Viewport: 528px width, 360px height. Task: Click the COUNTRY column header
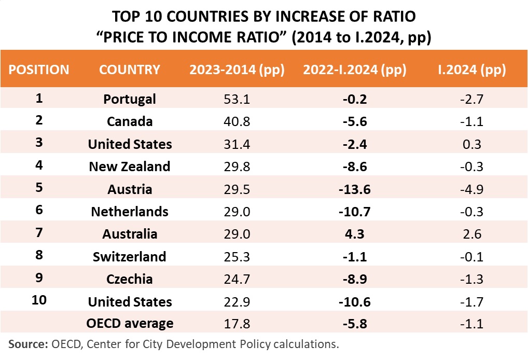pyautogui.click(x=130, y=70)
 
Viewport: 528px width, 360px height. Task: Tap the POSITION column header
pyautogui.click(x=39, y=70)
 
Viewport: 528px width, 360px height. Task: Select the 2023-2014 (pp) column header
pyautogui.click(x=237, y=70)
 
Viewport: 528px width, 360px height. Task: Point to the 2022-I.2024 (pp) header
pyautogui.click(x=355, y=70)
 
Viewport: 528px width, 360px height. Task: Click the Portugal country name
pyautogui.click(x=130, y=100)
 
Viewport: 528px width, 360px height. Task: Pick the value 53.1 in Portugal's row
pyautogui.click(x=237, y=100)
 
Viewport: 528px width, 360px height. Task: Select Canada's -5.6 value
pyautogui.click(x=355, y=121)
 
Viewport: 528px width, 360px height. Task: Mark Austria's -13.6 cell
pyautogui.click(x=355, y=189)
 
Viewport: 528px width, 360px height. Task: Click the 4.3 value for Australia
pyautogui.click(x=355, y=234)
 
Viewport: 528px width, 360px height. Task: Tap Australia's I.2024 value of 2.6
pyautogui.click(x=472, y=234)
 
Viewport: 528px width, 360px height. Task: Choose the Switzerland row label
pyautogui.click(x=130, y=257)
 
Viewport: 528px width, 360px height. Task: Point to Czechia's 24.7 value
pyautogui.click(x=237, y=279)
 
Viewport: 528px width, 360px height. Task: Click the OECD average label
pyautogui.click(x=130, y=323)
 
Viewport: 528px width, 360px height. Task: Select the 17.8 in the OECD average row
pyautogui.click(x=237, y=324)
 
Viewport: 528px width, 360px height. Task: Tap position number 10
pyautogui.click(x=39, y=300)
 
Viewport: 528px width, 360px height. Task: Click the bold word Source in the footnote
pyautogui.click(x=29, y=344)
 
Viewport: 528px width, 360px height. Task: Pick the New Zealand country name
pyautogui.click(x=130, y=167)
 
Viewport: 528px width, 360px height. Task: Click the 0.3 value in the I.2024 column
pyautogui.click(x=472, y=144)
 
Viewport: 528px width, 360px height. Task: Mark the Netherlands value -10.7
pyautogui.click(x=355, y=212)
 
